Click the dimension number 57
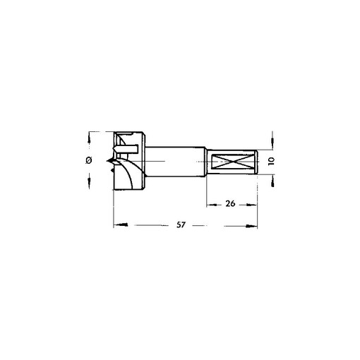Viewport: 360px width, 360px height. pyautogui.click(x=181, y=225)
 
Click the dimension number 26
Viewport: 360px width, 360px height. pyautogui.click(x=230, y=203)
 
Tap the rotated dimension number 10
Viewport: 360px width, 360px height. pyautogui.click(x=271, y=161)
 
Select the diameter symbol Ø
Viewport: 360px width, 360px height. pyautogui.click(x=89, y=160)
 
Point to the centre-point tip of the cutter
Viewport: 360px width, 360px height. pyautogui.click(x=107, y=161)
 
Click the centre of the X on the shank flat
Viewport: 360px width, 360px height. pyautogui.click(x=232, y=162)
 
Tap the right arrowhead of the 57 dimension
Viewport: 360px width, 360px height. pyautogui.click(x=251, y=226)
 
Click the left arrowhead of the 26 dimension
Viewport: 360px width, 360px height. pyautogui.click(x=212, y=205)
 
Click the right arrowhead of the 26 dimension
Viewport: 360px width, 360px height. pyautogui.click(x=251, y=205)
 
